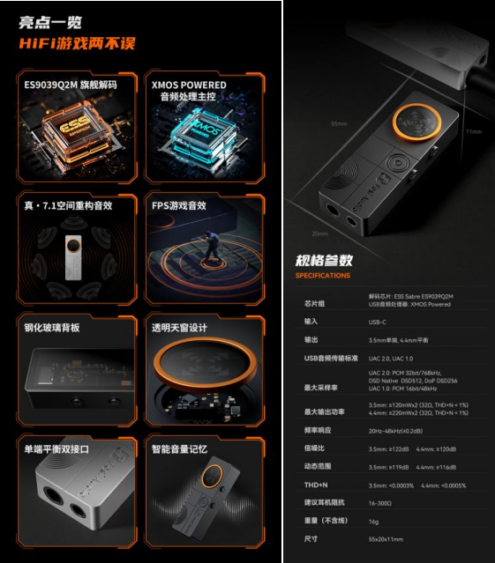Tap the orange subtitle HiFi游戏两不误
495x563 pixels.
(79, 43)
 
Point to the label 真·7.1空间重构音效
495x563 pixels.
(68, 205)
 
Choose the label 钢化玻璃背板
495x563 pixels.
(52, 327)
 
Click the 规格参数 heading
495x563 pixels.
(324, 260)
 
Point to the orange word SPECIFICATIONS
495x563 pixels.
(322, 276)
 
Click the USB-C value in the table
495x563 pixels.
(379, 322)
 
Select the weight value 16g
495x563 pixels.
(373, 520)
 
